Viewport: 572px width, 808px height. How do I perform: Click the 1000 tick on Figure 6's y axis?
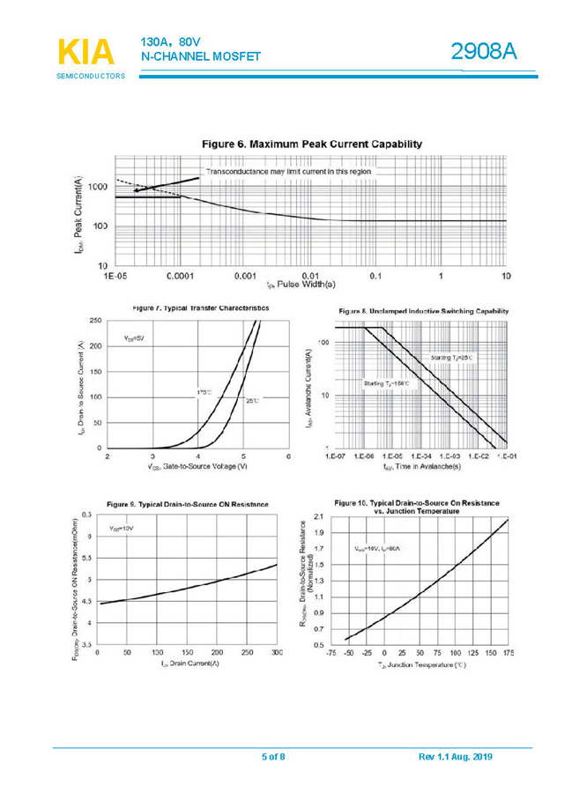pyautogui.click(x=96, y=188)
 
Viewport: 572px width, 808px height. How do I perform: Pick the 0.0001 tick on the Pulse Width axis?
pyautogui.click(x=179, y=277)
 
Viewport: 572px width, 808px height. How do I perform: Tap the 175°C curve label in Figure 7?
pyautogui.click(x=204, y=390)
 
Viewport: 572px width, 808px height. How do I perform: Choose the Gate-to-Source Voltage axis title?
pyautogui.click(x=197, y=465)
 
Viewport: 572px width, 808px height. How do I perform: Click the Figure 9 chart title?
pyautogui.click(x=187, y=503)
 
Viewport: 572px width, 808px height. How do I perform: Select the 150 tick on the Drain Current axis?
pyautogui.click(x=187, y=653)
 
